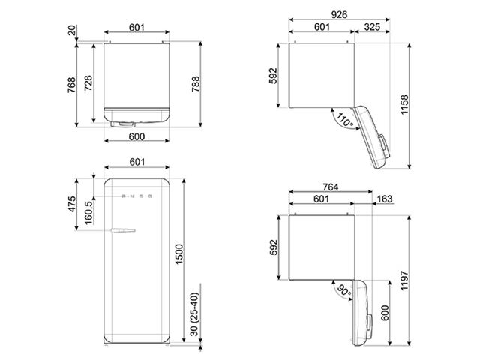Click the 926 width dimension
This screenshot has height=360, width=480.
339,15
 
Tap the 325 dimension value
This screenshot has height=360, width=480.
372,27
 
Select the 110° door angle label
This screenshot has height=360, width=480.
345,120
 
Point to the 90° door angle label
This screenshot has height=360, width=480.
344,290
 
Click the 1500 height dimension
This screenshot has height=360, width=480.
179,255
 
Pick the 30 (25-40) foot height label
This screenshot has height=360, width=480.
194,314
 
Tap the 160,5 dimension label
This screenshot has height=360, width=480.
88,213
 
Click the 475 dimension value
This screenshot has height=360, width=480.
72,204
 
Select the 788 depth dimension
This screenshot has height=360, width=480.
195,84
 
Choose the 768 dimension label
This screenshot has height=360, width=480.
71,85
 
